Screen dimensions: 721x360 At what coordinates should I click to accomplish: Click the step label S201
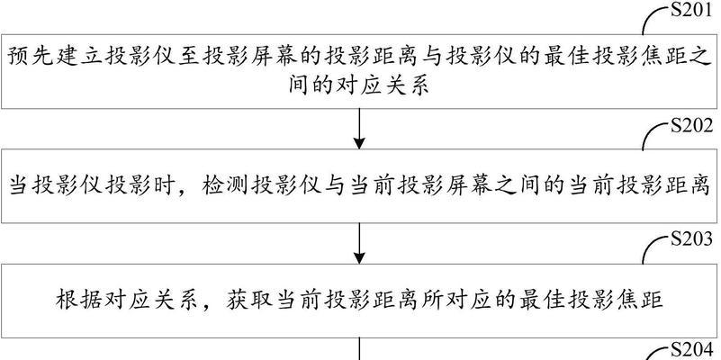coord(691,11)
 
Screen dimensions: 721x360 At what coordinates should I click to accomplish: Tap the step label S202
coord(691,125)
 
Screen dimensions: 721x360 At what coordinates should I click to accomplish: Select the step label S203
coord(691,239)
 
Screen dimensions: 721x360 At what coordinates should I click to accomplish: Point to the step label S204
coord(691,351)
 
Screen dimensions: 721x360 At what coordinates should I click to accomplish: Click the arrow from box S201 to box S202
coord(359,129)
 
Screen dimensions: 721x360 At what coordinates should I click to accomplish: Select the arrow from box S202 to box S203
coord(359,244)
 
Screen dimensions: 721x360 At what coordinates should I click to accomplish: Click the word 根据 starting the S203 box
coord(76,301)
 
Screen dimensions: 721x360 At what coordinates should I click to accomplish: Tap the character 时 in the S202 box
coord(165,187)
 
